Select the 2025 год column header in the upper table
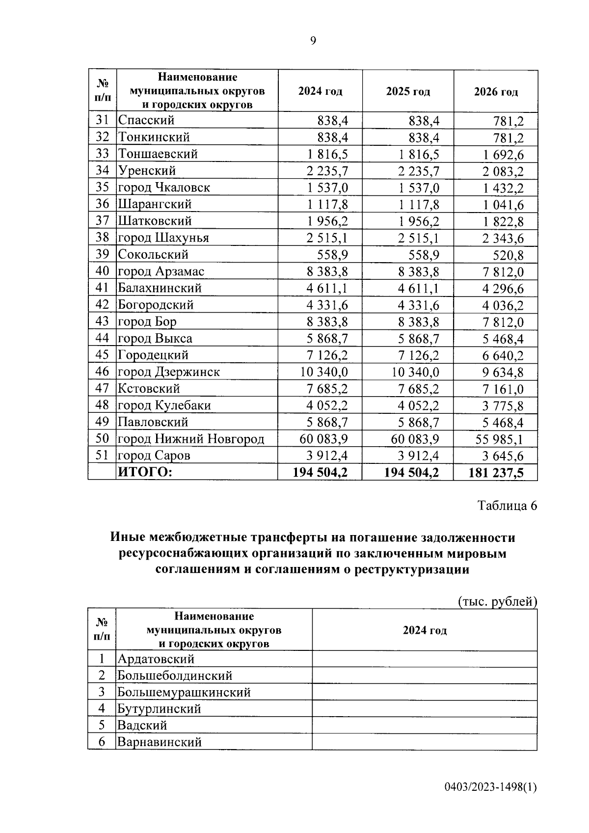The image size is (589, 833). [408, 92]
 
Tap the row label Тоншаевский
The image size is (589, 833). [158, 154]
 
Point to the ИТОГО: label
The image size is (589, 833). [145, 472]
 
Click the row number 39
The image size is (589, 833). [102, 254]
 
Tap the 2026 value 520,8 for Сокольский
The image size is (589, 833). [508, 255]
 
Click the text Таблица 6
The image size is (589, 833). [508, 506]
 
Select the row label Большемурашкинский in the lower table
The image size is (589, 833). [184, 692]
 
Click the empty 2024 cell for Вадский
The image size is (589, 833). [424, 725]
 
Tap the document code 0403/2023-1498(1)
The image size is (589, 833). [491, 788]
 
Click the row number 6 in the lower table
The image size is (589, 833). [102, 742]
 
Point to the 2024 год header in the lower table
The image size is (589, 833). [425, 630]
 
